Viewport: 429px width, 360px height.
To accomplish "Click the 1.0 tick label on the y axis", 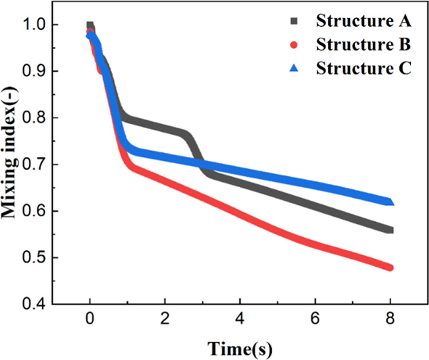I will (x=35, y=25).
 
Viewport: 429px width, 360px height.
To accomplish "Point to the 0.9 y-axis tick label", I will (x=35, y=72).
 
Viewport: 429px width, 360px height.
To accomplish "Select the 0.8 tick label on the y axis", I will (x=35, y=118).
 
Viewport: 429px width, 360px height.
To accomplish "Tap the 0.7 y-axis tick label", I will (x=35, y=165).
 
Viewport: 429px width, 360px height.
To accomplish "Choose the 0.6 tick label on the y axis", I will (x=35, y=211).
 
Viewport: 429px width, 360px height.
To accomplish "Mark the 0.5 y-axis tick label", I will (x=35, y=258).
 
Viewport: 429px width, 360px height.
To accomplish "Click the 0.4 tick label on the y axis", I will (x=35, y=304).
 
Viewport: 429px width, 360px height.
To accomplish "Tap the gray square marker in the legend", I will (x=295, y=21).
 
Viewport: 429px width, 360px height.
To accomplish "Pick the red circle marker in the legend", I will (x=295, y=45).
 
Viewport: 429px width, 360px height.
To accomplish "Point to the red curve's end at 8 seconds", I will (x=391, y=268).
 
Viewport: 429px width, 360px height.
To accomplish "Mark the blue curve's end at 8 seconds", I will (x=391, y=201).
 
